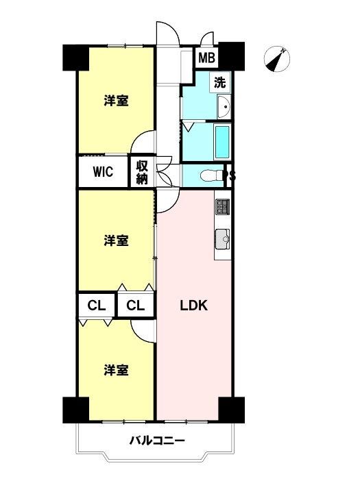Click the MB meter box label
[206, 58]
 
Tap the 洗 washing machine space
[220, 82]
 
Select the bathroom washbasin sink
[224, 107]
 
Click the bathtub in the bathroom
[222, 141]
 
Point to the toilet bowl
[211, 176]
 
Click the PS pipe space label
[230, 176]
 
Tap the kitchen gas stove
[223, 207]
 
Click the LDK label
[193, 306]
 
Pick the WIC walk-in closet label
[103, 172]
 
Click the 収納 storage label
[142, 173]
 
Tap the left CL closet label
[97, 306]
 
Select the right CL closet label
[135, 306]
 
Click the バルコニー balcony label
[157, 441]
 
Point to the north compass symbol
[277, 60]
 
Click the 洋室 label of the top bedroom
[116, 101]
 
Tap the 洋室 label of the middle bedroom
[116, 240]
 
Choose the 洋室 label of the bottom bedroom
[116, 370]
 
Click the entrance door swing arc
[173, 27]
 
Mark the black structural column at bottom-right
[232, 410]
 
